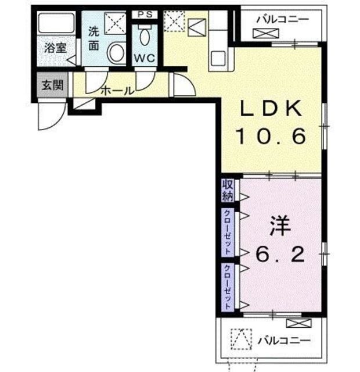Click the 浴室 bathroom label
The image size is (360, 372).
[56, 48]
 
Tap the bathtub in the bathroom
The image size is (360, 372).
[56, 23]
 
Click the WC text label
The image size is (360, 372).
[145, 58]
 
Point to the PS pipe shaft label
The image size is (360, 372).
[145, 15]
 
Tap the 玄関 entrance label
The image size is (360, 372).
[53, 85]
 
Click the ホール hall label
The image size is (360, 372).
[118, 91]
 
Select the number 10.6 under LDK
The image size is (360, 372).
[271, 136]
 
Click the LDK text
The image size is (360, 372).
[271, 108]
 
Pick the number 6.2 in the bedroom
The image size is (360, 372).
[280, 254]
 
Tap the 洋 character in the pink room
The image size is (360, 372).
[280, 226]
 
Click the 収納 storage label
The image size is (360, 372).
[228, 190]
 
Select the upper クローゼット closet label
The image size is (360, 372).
[228, 233]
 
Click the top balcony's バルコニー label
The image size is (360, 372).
[283, 19]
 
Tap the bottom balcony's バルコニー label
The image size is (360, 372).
[284, 341]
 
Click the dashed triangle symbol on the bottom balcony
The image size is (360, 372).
[242, 339]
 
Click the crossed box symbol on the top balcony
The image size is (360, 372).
[266, 33]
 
